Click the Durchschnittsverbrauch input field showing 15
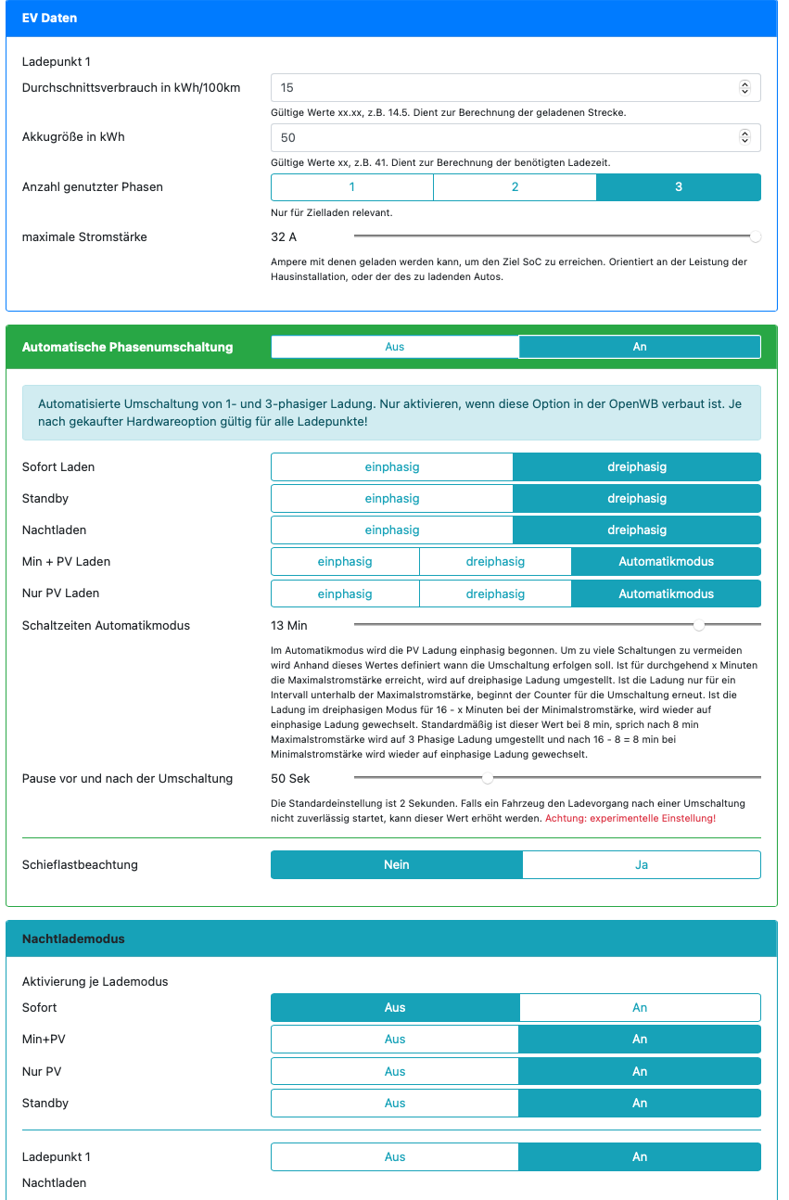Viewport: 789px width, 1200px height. [x=501, y=88]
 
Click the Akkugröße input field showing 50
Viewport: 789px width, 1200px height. [x=501, y=137]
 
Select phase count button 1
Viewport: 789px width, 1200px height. [x=352, y=187]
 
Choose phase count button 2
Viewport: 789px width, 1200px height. [x=515, y=187]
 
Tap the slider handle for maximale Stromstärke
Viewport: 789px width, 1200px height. [x=756, y=236]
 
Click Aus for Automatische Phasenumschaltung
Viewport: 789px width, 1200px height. [x=395, y=347]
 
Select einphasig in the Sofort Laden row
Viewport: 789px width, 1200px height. [x=392, y=467]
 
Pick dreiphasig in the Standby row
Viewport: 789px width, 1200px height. [x=637, y=499]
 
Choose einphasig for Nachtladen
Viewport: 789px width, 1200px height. [x=392, y=530]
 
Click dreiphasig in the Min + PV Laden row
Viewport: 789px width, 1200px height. [x=495, y=562]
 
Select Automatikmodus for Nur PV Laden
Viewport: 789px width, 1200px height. [x=666, y=594]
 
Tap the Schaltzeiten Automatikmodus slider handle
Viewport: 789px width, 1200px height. [x=699, y=625]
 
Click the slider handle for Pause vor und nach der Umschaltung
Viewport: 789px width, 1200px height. [x=488, y=778]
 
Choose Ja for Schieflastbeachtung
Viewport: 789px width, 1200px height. [x=642, y=865]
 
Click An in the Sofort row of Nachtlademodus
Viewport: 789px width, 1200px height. [x=640, y=1008]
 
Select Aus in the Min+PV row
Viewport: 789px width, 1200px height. [x=395, y=1040]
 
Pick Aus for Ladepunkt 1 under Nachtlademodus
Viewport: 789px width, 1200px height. [x=395, y=1157]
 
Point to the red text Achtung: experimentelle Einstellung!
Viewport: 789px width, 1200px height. [x=630, y=819]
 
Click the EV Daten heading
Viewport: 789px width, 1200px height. [x=50, y=19]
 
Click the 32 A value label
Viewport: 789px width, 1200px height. [x=284, y=237]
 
